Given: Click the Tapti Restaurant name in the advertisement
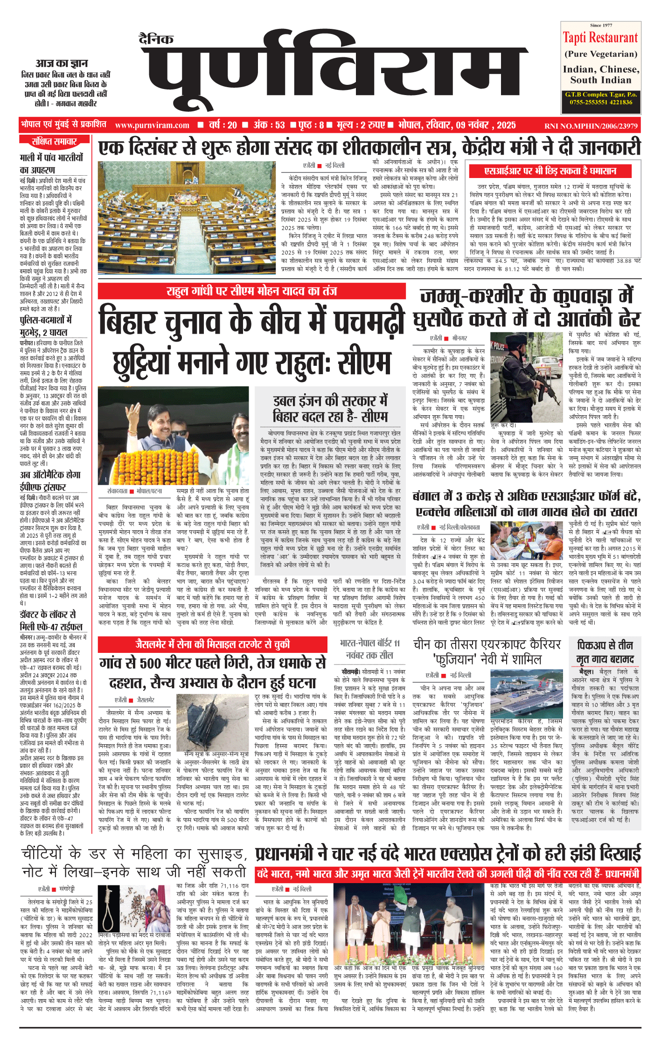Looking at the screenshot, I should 600,38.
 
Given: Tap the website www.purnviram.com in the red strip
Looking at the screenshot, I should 152,125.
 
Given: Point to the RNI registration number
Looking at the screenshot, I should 591,126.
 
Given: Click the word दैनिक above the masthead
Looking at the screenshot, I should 156,39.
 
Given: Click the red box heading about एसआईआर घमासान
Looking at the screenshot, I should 550,171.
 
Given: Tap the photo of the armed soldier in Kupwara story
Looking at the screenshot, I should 527,376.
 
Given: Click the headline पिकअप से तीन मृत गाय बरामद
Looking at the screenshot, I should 605,652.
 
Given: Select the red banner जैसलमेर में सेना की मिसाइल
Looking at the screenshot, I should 213,644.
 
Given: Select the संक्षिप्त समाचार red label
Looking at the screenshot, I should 54,141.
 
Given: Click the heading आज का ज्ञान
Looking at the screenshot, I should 62,63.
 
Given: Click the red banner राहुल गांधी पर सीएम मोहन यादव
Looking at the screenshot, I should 251,291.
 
